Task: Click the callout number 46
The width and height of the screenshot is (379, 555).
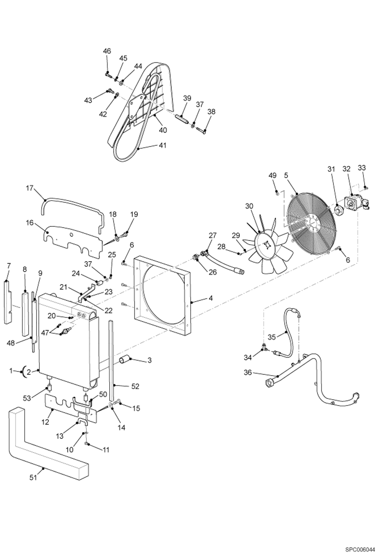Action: [x=107, y=51]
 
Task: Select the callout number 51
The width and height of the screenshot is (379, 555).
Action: [x=33, y=478]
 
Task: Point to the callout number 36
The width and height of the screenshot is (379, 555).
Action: [x=248, y=372]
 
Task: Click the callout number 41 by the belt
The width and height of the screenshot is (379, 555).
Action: [x=163, y=145]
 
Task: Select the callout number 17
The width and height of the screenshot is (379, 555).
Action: [x=30, y=188]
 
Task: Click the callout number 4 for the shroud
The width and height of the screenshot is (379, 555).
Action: [x=211, y=298]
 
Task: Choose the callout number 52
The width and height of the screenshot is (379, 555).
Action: [x=135, y=386]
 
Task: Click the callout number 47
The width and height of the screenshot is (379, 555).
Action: [x=45, y=333]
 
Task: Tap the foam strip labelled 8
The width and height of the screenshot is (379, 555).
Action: [x=26, y=314]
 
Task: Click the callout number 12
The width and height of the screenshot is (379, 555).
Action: [x=45, y=422]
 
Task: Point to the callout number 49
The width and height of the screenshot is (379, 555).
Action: [x=272, y=175]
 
